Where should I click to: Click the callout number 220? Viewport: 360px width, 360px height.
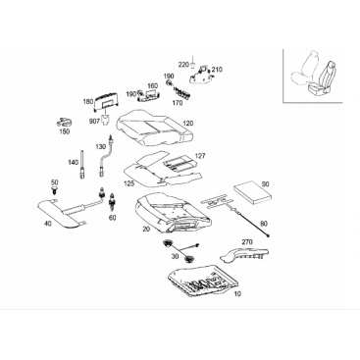coord(183,65)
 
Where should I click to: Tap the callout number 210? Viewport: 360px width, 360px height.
coord(217,70)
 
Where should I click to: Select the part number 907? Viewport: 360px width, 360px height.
coord(94,122)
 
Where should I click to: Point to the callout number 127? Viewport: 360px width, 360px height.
coord(200,156)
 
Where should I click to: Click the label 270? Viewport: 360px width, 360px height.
coord(247,242)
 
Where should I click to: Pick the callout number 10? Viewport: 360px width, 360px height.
coord(237,294)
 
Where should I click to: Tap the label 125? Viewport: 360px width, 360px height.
coord(129,183)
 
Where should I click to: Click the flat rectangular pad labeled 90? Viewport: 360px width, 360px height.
coord(253,192)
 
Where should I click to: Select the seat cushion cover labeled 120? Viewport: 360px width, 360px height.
coord(153,128)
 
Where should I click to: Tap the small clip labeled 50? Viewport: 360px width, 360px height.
coord(53,190)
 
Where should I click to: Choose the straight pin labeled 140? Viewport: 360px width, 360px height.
coord(81,164)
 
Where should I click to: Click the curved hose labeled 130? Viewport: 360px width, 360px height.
coord(106,154)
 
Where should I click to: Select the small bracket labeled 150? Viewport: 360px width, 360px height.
coord(64,123)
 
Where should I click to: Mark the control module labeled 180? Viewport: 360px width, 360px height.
coord(105,101)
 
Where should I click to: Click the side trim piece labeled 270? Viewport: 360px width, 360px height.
coord(244,254)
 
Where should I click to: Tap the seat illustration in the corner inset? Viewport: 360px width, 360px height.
coord(314,75)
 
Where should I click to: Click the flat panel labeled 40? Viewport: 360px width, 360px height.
coord(61,212)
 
